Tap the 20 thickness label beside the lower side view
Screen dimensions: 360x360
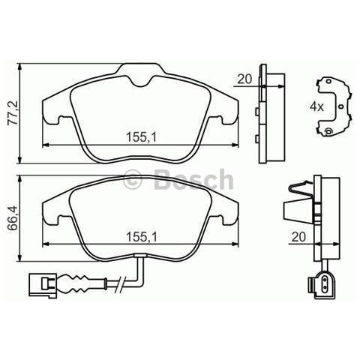click(x=297, y=237)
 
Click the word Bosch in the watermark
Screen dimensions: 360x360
click(x=193, y=180)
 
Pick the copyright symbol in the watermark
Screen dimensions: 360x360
click(x=132, y=180)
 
